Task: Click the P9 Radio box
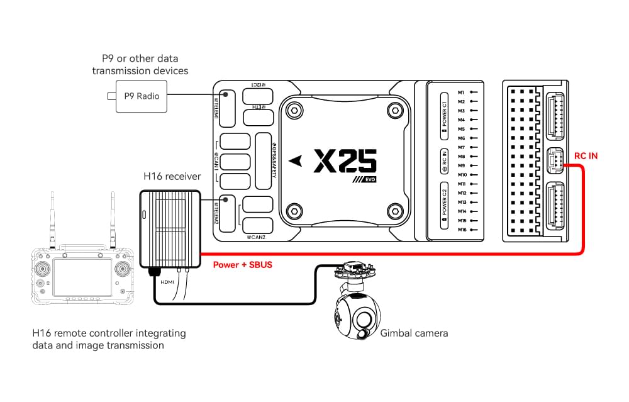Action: click(x=141, y=96)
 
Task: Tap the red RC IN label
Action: click(x=586, y=155)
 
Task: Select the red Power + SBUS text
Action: click(x=242, y=265)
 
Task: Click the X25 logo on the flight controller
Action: click(x=345, y=160)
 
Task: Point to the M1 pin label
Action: click(x=461, y=92)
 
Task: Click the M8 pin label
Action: click(x=461, y=156)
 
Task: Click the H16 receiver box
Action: click(x=169, y=228)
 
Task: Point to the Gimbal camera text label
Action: click(x=414, y=333)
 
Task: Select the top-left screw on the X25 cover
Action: click(x=292, y=110)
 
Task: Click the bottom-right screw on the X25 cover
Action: click(x=394, y=209)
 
